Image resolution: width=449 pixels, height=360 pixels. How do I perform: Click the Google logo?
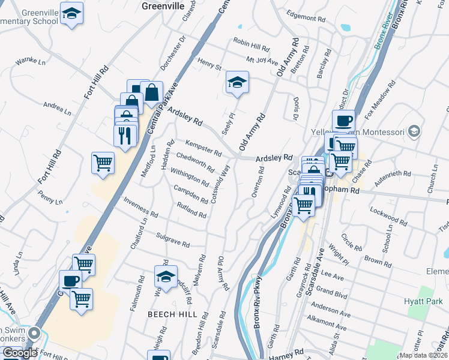(20, 353)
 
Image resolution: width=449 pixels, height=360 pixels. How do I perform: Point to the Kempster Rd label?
(203, 148)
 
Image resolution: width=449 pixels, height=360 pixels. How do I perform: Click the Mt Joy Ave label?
(262, 61)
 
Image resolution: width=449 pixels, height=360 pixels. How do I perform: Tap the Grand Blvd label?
(332, 293)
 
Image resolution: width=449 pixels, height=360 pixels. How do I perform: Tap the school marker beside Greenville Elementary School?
(72, 14)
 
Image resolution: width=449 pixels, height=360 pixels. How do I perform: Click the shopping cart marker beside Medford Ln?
(103, 163)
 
